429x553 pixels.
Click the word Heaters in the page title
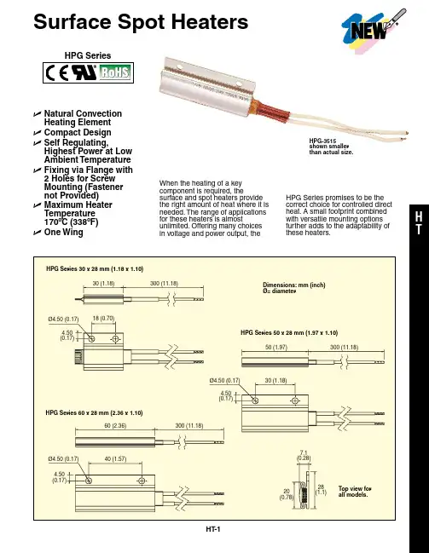click(210, 21)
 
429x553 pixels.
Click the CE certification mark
click(57, 73)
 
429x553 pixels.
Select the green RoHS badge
click(115, 72)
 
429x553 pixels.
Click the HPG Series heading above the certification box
click(88, 55)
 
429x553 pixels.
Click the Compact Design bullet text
click(78, 132)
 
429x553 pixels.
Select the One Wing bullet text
click(64, 232)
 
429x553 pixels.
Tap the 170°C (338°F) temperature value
click(71, 222)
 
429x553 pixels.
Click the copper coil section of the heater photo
click(272, 111)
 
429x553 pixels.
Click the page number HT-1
click(213, 529)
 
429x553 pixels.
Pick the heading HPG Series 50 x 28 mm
click(289, 332)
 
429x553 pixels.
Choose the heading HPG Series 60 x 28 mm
click(94, 412)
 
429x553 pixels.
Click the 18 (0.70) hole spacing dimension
click(103, 318)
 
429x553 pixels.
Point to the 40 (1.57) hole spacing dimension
click(115, 458)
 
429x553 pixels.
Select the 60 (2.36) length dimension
click(115, 425)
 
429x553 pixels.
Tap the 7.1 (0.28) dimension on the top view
click(304, 455)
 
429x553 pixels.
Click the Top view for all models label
click(355, 492)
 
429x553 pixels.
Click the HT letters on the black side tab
click(419, 223)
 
